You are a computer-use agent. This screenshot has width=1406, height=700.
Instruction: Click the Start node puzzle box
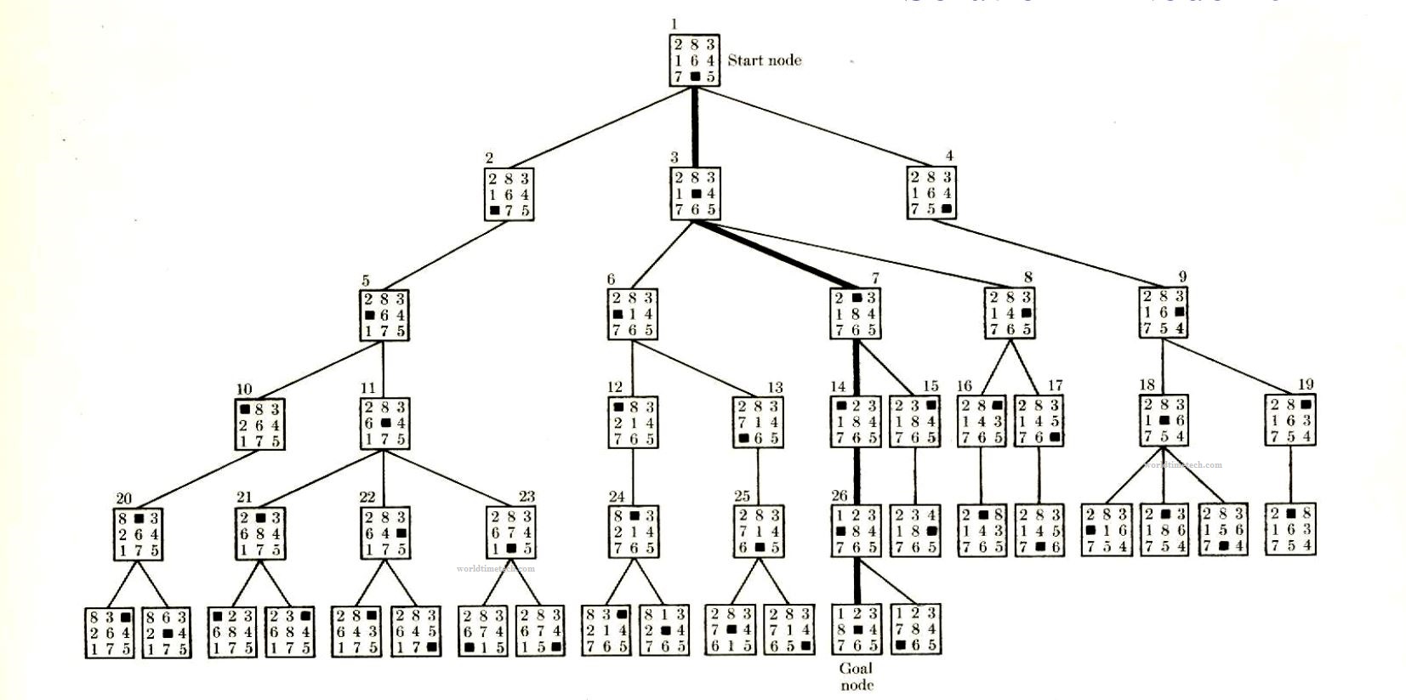tap(693, 60)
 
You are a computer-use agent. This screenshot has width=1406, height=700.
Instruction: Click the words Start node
tap(764, 60)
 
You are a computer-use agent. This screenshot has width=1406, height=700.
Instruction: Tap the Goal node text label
tap(856, 676)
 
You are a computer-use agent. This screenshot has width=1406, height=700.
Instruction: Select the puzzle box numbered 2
tap(509, 195)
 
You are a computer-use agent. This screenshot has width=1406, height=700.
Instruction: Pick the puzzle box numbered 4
tap(931, 193)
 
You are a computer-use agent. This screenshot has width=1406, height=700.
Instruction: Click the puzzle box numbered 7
tap(856, 314)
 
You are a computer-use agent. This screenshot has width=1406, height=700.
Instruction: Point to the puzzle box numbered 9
tap(1163, 312)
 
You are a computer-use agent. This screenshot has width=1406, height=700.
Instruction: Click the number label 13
tap(774, 388)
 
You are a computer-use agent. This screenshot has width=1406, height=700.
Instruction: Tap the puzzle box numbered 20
tap(137, 534)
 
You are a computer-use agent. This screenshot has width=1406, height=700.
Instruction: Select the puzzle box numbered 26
tap(856, 531)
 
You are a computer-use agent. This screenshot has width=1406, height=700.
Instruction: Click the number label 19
tap(1306, 385)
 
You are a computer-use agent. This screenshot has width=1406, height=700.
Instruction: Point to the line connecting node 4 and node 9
tap(1046, 253)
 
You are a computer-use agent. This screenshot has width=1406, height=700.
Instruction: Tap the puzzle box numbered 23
tap(511, 532)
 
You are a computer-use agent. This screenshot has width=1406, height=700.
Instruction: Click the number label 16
tap(965, 386)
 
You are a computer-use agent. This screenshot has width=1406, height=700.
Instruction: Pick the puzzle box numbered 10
tap(259, 424)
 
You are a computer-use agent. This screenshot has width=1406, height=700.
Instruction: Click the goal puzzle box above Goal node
tap(856, 629)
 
